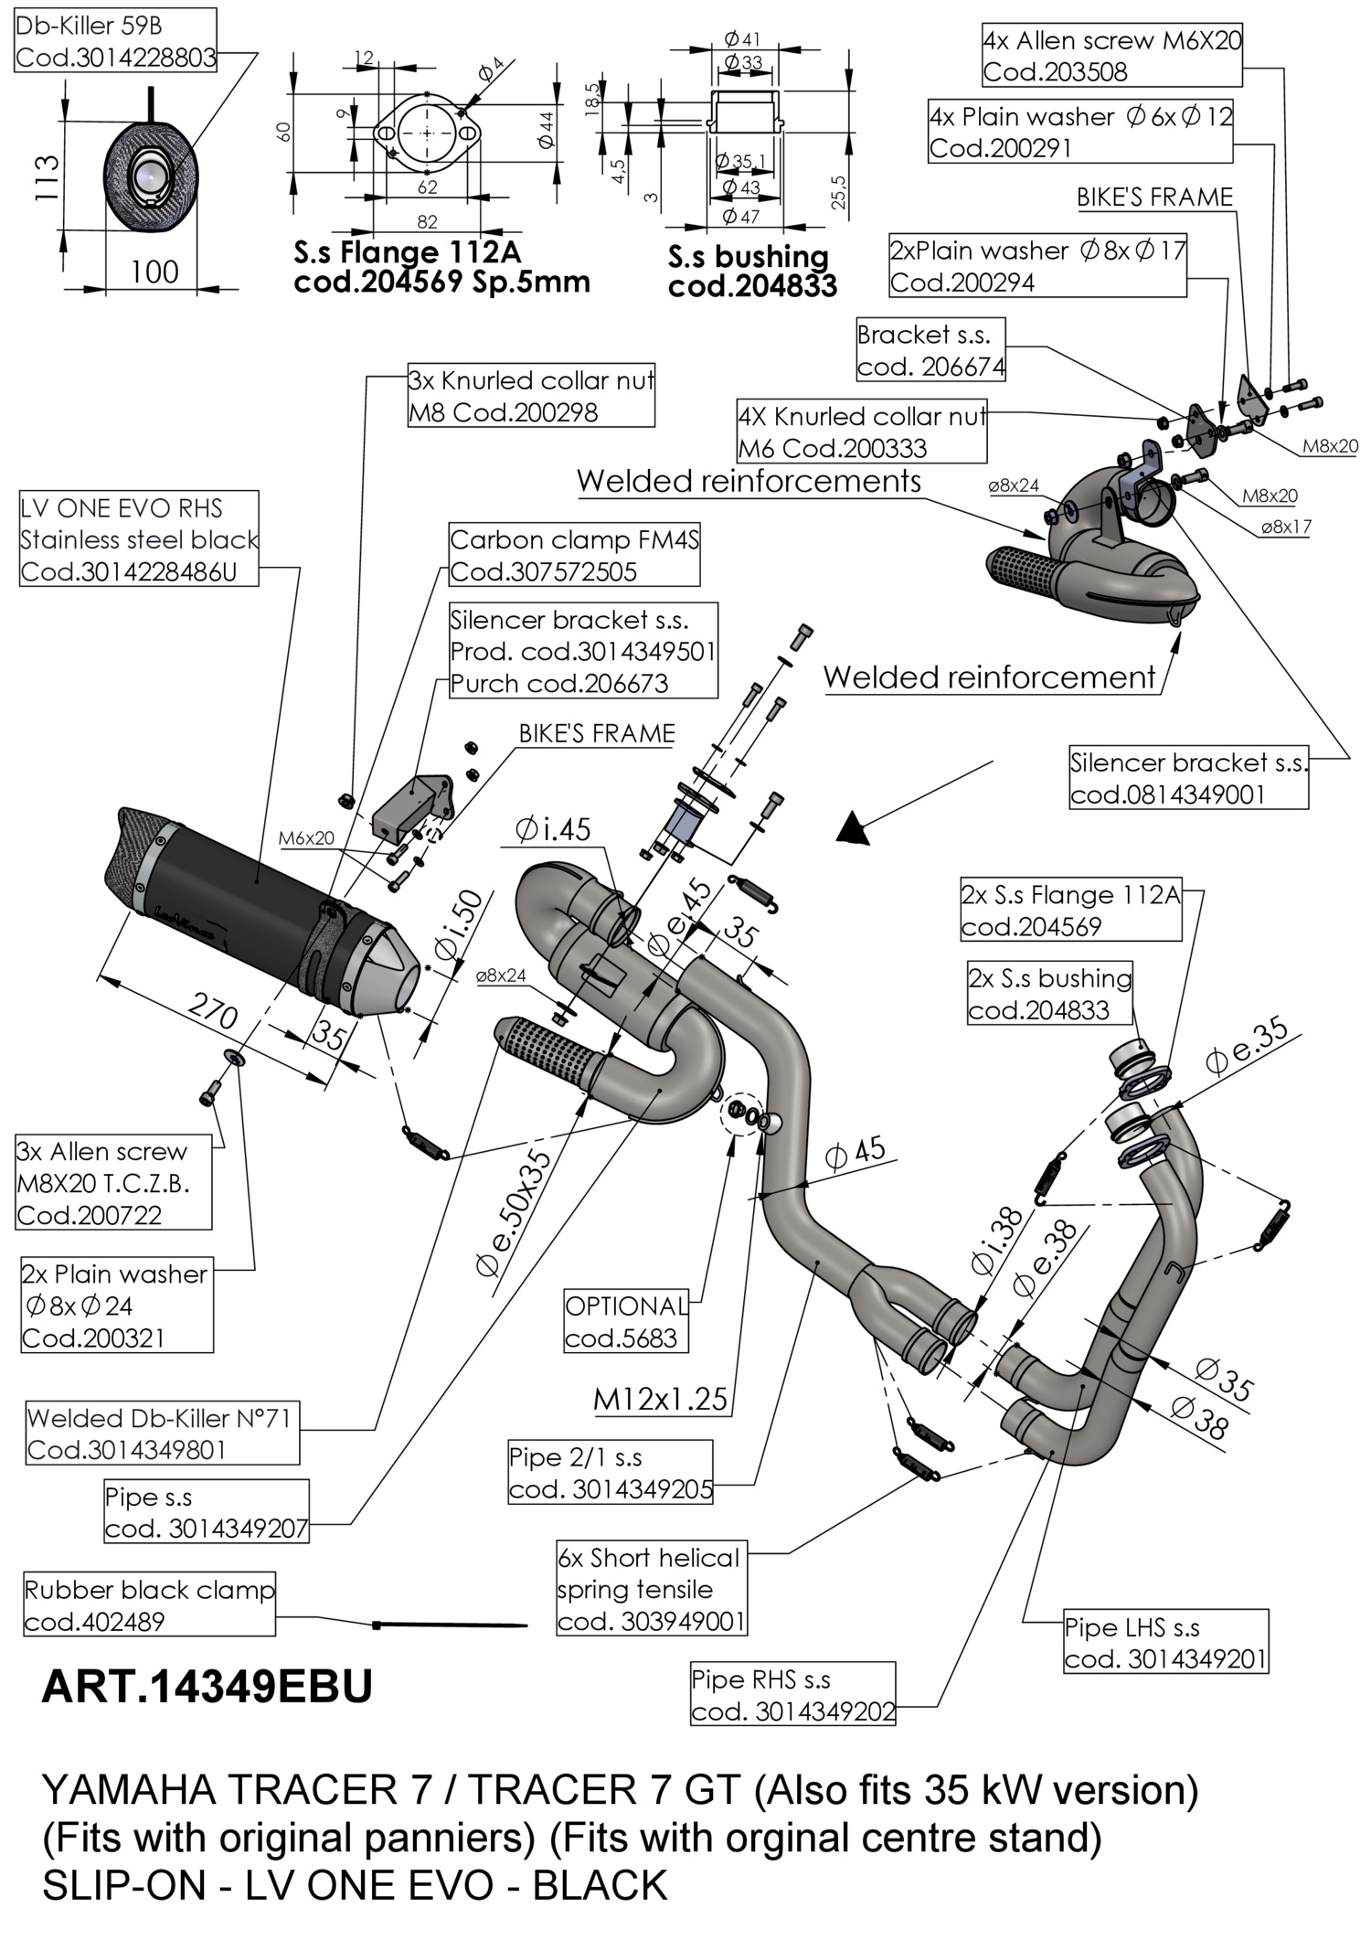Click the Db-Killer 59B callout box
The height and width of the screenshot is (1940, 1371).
pyautogui.click(x=115, y=41)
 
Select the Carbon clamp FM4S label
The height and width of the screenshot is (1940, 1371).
pyautogui.click(x=574, y=556)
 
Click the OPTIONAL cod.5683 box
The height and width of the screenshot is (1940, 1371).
pyautogui.click(x=626, y=1322)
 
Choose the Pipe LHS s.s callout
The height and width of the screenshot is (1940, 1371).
pyautogui.click(x=1165, y=1641)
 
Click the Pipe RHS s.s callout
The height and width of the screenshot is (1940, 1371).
pyautogui.click(x=792, y=1694)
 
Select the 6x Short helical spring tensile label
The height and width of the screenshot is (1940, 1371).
pyautogui.click(x=652, y=1589)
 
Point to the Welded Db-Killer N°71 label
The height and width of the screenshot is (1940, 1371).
pyautogui.click(x=162, y=1434)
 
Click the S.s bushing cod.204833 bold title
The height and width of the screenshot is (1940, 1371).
pyautogui.click(x=751, y=272)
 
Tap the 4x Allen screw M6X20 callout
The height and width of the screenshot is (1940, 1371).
pyautogui.click(x=1112, y=56)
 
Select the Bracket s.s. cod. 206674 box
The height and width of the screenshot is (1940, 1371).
pyautogui.click(x=930, y=350)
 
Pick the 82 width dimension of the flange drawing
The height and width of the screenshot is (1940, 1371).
pyautogui.click(x=427, y=222)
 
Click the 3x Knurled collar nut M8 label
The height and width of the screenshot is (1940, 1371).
pyautogui.click(x=531, y=396)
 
